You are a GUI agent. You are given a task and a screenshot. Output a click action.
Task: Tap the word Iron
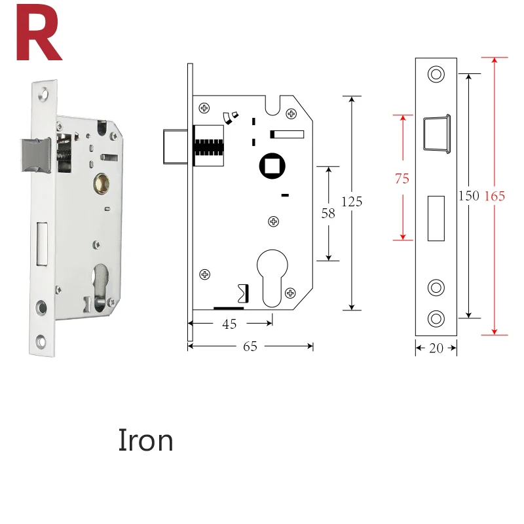pyautogui.click(x=145, y=440)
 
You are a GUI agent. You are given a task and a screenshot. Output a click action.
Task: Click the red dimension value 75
pyautogui.click(x=402, y=178)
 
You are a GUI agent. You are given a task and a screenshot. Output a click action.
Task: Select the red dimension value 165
pyautogui.click(x=495, y=196)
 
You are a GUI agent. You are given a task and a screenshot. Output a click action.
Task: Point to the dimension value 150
pyautogui.click(x=468, y=195)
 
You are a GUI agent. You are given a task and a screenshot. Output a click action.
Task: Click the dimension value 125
pyautogui.click(x=352, y=202)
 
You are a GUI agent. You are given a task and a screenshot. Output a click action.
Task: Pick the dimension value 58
pyautogui.click(x=328, y=214)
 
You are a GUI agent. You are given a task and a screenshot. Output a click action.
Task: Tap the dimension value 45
pyautogui.click(x=229, y=324)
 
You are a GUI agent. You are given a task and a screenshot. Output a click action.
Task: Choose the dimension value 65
pyautogui.click(x=250, y=346)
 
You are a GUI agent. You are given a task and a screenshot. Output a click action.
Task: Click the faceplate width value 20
pyautogui.click(x=436, y=348)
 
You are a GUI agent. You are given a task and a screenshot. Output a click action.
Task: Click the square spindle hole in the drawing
pyautogui.click(x=272, y=166)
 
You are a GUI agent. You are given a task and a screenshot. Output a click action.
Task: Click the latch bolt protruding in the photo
pyautogui.click(x=36, y=155)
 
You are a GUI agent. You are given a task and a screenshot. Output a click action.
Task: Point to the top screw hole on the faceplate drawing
pyautogui.click(x=436, y=74)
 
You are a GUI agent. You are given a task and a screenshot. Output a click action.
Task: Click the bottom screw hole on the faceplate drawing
pyautogui.click(x=436, y=318)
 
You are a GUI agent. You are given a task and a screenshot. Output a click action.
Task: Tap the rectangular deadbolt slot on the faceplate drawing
pyautogui.click(x=436, y=218)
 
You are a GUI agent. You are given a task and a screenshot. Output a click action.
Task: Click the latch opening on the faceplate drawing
pyautogui.click(x=437, y=134)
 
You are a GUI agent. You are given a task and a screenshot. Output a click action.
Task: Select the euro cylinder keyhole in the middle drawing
pyautogui.click(x=272, y=278)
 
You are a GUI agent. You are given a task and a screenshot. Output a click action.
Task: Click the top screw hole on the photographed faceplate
pyautogui.click(x=44, y=94)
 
